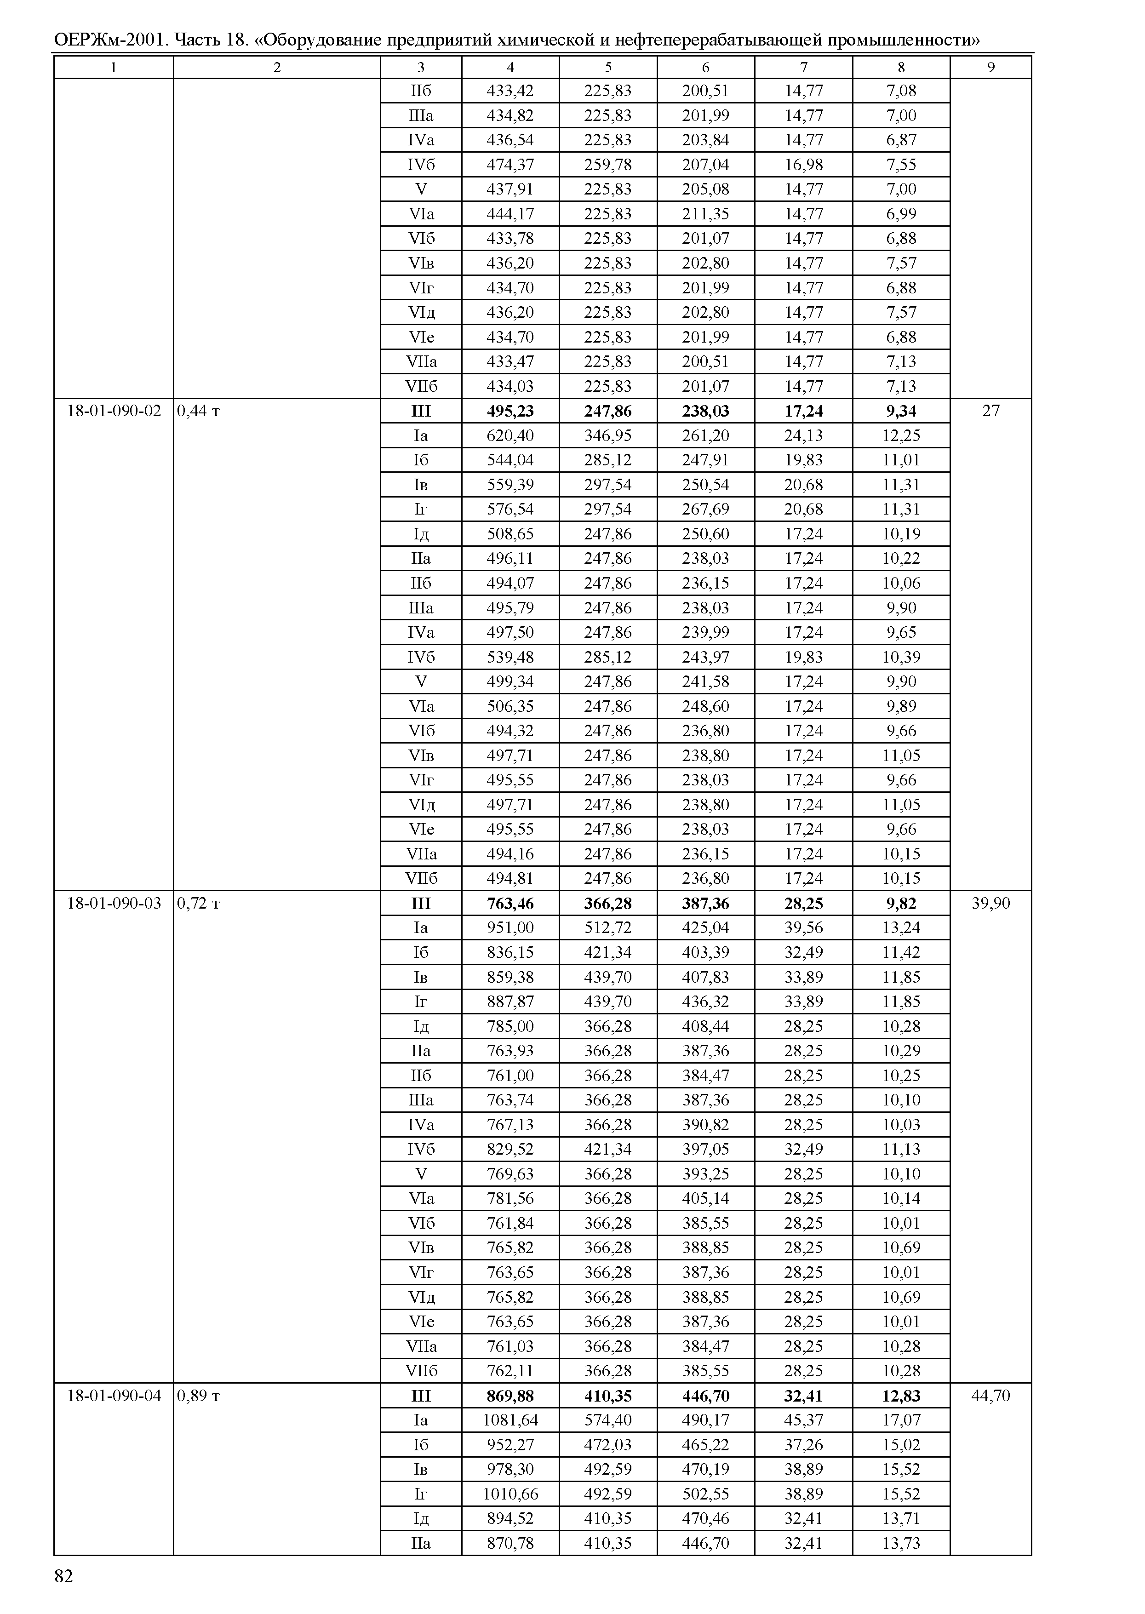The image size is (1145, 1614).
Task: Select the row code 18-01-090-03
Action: [114, 903]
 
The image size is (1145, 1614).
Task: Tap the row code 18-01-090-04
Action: [114, 1396]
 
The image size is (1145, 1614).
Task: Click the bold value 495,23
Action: [510, 411]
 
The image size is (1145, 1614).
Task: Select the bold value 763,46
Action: [510, 903]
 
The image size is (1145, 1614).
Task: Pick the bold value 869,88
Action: [510, 1396]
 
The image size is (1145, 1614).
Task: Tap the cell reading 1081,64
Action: [510, 1420]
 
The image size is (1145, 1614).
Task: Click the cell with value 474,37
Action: [510, 164]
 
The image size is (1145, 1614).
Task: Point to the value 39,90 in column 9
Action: [990, 903]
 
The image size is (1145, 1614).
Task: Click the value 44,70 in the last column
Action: [990, 1396]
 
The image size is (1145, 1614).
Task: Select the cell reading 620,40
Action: [510, 435]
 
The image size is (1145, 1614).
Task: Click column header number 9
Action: [990, 67]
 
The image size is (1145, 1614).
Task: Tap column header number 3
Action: [421, 67]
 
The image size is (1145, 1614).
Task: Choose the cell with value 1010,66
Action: [510, 1494]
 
